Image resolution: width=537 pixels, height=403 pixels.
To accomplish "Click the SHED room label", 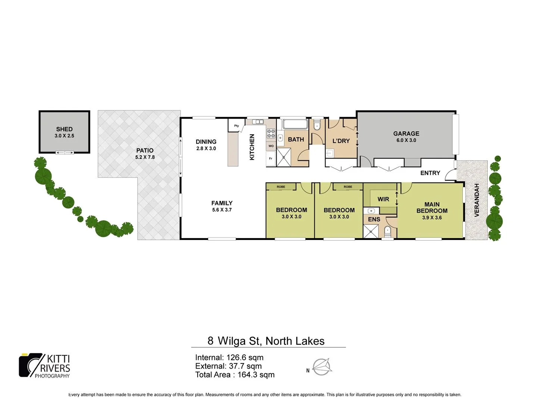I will click(x=64, y=129).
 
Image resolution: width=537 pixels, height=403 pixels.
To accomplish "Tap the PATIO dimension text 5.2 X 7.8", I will click(x=145, y=157).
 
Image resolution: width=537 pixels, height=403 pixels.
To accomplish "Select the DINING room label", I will click(x=206, y=141).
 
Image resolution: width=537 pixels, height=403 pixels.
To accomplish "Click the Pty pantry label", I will click(x=236, y=126).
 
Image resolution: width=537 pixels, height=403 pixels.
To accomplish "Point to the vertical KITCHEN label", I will click(x=252, y=147).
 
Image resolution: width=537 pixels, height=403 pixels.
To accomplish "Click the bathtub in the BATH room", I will click(x=295, y=124).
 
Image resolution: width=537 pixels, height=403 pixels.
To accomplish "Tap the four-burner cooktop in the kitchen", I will click(x=271, y=133).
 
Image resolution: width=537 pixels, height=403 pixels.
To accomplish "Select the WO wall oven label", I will click(x=271, y=146).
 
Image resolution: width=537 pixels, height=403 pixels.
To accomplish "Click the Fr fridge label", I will click(x=271, y=159).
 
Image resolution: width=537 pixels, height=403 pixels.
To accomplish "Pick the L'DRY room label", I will click(x=341, y=141).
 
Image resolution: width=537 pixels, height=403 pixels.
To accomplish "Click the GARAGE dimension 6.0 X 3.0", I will click(x=406, y=140).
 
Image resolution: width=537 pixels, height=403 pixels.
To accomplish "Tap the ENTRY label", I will click(x=430, y=173).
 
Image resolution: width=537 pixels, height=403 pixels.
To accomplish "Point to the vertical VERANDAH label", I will click(x=476, y=200).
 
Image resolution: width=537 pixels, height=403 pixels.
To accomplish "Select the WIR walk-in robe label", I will click(x=383, y=199).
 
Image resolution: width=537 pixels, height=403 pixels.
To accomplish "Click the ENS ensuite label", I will click(x=374, y=219).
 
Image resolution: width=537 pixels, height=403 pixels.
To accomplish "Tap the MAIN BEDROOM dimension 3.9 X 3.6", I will click(x=432, y=218).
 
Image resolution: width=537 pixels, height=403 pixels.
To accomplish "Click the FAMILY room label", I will click(x=222, y=203).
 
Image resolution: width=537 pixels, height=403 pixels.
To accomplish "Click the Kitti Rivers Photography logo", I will click(x=45, y=366).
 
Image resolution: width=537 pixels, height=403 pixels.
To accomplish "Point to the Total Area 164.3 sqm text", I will click(x=235, y=375).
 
